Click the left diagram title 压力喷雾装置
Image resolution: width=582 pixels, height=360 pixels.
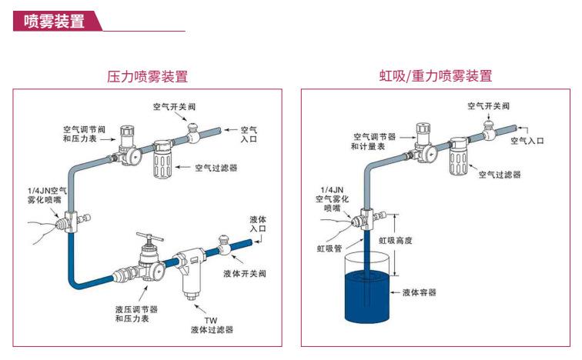(x=147, y=76)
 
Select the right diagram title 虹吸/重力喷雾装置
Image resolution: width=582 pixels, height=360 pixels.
(x=435, y=76)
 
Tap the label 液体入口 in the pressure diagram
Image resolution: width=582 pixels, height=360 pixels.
(x=259, y=224)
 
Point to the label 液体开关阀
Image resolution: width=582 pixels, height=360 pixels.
(x=245, y=273)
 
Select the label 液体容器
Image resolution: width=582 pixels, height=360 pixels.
(x=420, y=292)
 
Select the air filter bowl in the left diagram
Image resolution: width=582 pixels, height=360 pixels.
(x=166, y=161)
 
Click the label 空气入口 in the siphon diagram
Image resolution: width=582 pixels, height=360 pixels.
(x=544, y=140)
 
